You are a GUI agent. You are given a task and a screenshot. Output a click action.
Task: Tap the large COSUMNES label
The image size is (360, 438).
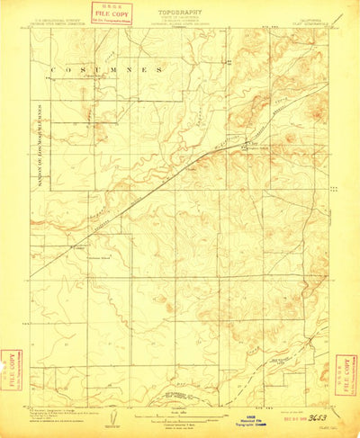click(106, 69)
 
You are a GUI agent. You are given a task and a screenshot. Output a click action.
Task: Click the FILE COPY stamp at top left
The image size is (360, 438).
click(113, 13)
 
